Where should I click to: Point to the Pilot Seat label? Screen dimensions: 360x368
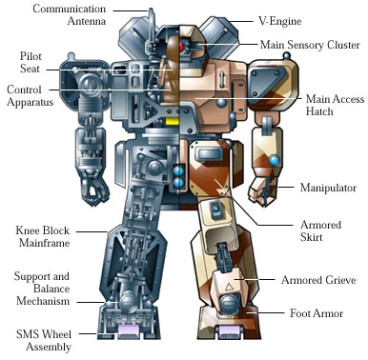tap(22, 63)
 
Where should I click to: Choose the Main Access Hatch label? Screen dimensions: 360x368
tap(333, 105)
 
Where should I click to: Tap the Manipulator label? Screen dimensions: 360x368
tap(327, 186)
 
